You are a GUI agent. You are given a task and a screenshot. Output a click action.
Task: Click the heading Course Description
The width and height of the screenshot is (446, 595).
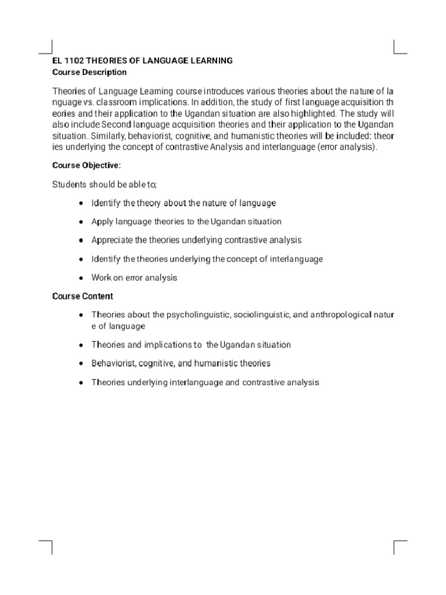[89, 73]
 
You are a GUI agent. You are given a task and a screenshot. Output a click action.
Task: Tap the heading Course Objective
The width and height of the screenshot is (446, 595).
[87, 166]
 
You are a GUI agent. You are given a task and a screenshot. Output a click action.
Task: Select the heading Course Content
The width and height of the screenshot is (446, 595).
[82, 296]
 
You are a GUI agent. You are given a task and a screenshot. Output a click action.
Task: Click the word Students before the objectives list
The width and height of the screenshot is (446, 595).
[69, 184]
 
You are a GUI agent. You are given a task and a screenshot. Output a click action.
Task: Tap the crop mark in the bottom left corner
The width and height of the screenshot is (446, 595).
[46, 546]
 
